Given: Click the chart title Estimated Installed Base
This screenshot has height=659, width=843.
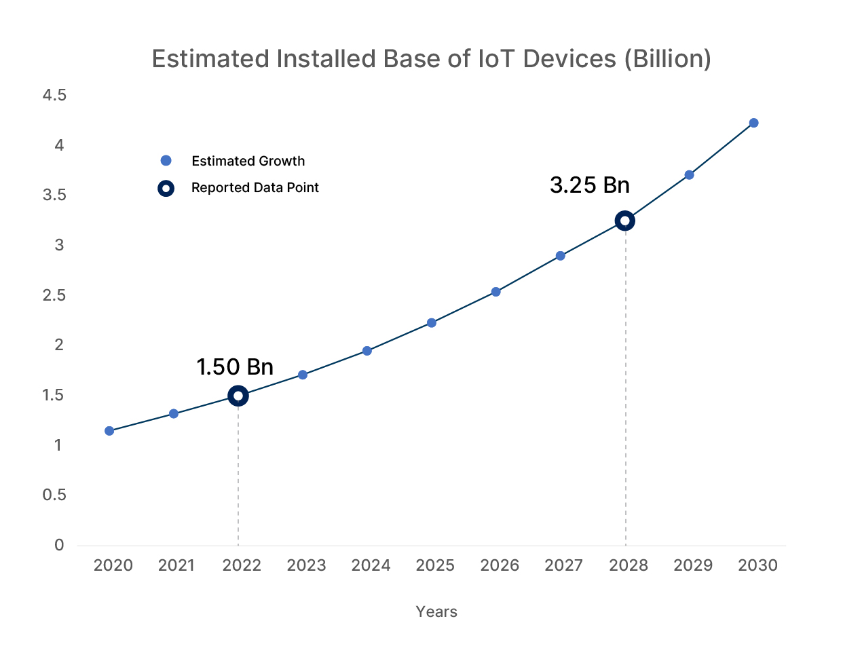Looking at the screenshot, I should click(x=431, y=59).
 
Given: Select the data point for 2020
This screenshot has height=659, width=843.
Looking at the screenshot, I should click(x=109, y=431).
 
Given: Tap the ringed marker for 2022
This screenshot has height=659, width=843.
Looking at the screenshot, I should click(x=238, y=396).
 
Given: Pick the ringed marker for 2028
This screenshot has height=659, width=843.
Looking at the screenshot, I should click(x=625, y=221).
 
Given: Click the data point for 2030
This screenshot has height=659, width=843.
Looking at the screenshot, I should click(x=753, y=123).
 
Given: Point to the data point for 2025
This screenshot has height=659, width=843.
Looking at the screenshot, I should click(x=432, y=323).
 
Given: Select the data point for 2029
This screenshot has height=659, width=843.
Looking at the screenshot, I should click(x=689, y=175).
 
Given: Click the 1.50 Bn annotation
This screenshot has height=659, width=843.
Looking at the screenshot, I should click(x=235, y=367).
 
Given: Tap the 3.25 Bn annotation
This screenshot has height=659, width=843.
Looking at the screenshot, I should click(x=589, y=185).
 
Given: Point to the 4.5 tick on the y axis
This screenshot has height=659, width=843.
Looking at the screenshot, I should click(x=54, y=96).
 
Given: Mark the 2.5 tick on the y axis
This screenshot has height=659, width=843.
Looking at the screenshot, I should click(x=54, y=295).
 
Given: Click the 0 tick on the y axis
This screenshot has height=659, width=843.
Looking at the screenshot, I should click(x=60, y=545).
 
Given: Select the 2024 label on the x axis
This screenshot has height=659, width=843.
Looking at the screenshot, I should click(x=371, y=565).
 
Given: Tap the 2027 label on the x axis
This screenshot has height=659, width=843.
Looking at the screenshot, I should click(x=563, y=565).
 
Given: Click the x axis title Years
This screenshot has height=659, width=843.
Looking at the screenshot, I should click(x=436, y=611).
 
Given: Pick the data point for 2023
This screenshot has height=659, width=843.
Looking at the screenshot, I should click(x=303, y=375).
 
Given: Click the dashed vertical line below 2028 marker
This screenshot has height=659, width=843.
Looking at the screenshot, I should click(x=626, y=387).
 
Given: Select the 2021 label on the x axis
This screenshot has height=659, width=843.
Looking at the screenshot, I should click(x=176, y=565).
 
